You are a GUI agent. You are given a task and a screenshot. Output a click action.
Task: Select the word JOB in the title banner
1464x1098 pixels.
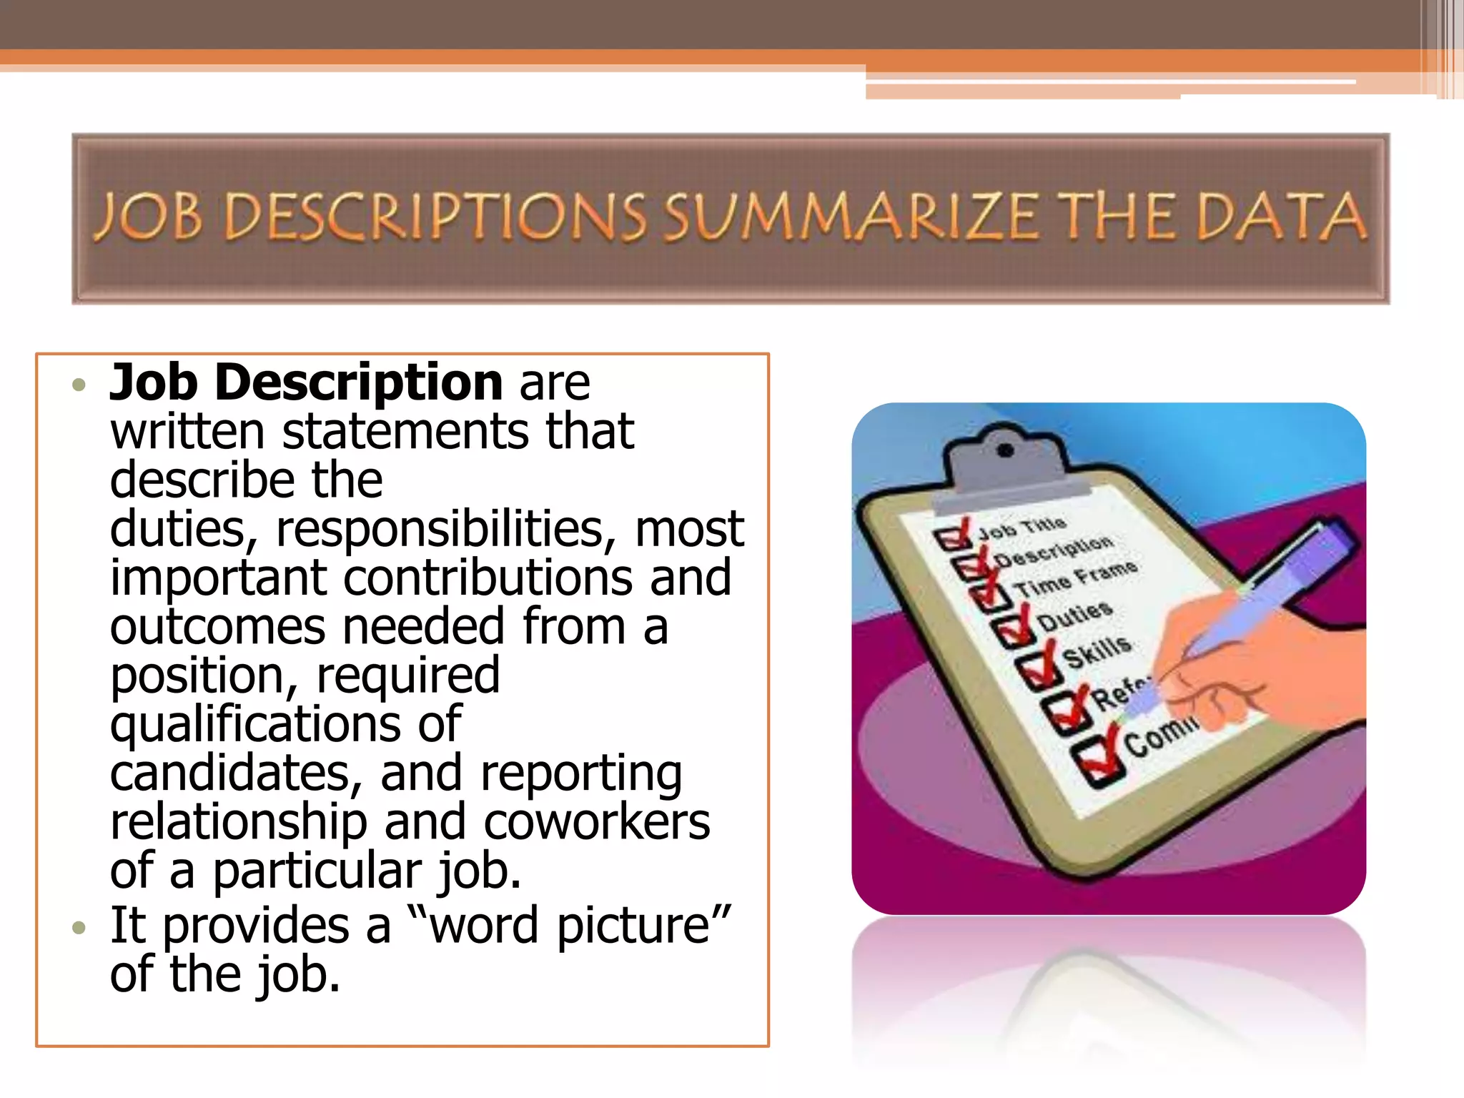coord(149,217)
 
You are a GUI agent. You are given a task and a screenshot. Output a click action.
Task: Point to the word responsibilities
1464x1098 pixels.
coord(440,530)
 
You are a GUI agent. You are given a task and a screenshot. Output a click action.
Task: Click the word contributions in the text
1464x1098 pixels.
coord(488,578)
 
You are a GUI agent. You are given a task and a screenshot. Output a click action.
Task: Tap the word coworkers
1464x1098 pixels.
coord(597,822)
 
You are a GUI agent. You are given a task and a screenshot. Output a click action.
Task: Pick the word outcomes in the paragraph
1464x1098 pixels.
coord(218,627)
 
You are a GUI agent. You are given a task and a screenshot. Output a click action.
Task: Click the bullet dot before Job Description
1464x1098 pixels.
coord(79,385)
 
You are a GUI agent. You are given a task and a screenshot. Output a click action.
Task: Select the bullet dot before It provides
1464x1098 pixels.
coord(79,929)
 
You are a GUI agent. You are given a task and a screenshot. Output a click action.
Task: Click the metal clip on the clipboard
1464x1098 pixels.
coord(1006,457)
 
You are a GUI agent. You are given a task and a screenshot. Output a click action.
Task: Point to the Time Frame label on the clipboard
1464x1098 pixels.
coord(1077,578)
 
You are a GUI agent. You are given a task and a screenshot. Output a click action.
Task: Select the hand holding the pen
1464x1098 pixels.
coord(1258,665)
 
